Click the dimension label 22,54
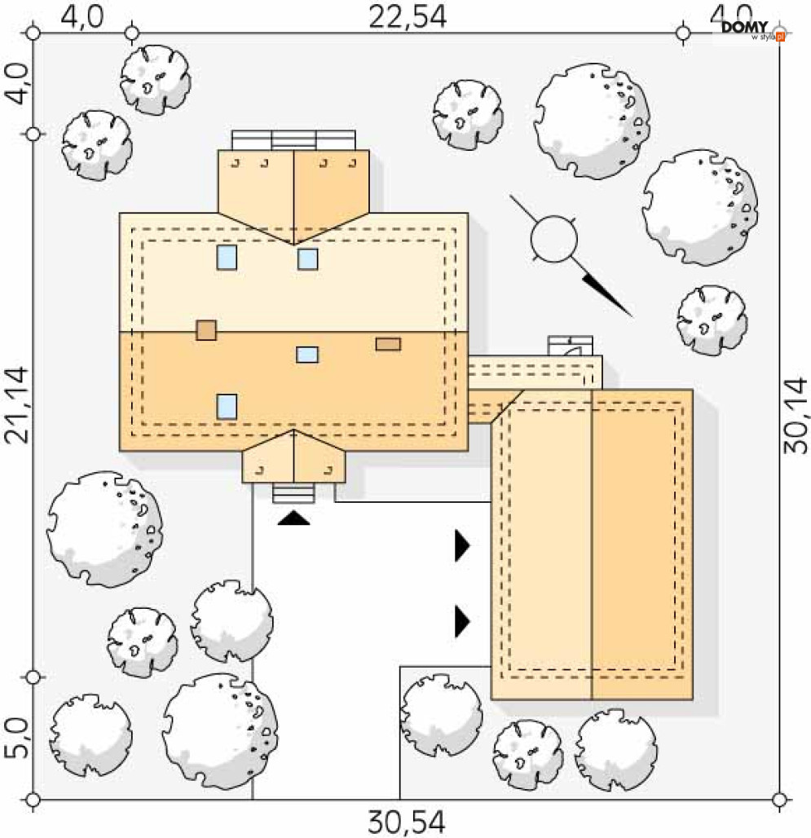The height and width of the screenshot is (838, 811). [408, 17]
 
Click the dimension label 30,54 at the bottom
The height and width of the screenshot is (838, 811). [407, 823]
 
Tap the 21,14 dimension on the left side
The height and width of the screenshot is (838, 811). [17, 405]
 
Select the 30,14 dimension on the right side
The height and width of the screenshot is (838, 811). [796, 416]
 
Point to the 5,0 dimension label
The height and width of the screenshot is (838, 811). [17, 739]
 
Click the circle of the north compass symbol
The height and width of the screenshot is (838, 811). [554, 239]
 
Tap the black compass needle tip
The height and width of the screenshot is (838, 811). [632, 316]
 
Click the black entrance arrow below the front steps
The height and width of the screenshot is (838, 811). [293, 518]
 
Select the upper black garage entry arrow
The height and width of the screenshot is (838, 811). [462, 545]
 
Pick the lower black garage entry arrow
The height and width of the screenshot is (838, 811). [462, 621]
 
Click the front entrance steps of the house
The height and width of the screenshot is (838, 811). [293, 493]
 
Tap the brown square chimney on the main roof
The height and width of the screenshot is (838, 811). [206, 330]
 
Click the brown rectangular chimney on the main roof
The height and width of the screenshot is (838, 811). [388, 344]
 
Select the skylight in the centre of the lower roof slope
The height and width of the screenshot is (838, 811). [307, 355]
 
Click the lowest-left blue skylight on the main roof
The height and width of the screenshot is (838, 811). [227, 407]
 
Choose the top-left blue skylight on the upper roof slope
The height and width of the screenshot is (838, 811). [227, 257]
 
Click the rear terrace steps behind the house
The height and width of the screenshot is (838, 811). [293, 140]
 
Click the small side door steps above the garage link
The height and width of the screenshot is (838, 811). [571, 346]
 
